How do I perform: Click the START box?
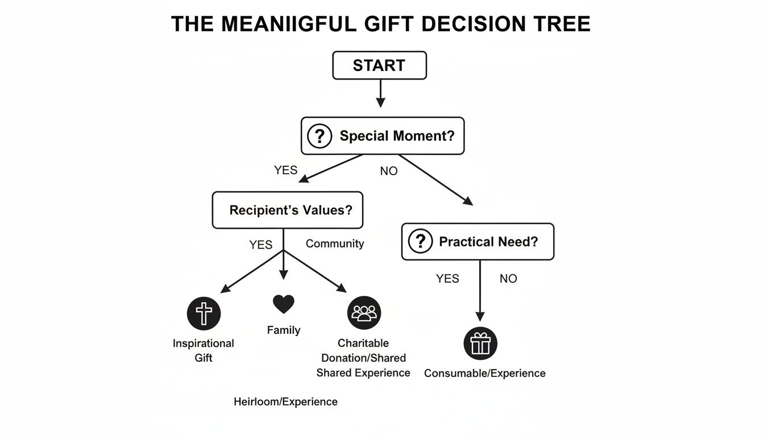click(x=379, y=65)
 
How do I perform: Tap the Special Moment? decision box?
click(x=382, y=136)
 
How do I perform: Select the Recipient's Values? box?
click(x=287, y=210)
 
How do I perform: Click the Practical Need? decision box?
click(x=477, y=242)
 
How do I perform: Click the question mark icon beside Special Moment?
click(x=319, y=136)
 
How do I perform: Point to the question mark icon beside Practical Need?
click(x=421, y=242)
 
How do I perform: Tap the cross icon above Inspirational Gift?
click(x=204, y=313)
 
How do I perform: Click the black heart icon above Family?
click(x=284, y=304)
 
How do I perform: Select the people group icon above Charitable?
click(x=364, y=313)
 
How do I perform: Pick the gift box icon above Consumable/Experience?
click(x=480, y=343)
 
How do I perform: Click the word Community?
click(x=335, y=244)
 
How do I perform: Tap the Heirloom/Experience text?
click(x=285, y=402)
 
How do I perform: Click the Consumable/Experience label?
click(x=485, y=373)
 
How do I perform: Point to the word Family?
click(x=284, y=330)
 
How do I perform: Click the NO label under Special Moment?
click(x=389, y=171)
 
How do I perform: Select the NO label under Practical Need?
click(x=508, y=279)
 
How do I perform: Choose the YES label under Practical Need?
click(x=447, y=279)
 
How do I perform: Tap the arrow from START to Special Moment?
click(x=380, y=93)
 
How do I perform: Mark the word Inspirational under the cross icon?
click(x=204, y=343)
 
